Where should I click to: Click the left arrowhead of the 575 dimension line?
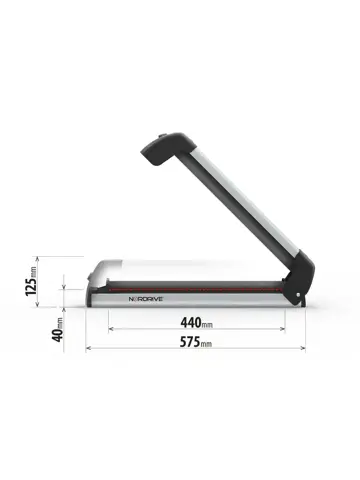89,348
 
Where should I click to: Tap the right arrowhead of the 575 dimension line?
303,348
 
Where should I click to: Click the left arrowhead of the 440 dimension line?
110,328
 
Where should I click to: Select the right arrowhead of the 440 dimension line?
283,328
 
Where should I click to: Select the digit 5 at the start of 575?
181,344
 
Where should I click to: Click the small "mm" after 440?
207,326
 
